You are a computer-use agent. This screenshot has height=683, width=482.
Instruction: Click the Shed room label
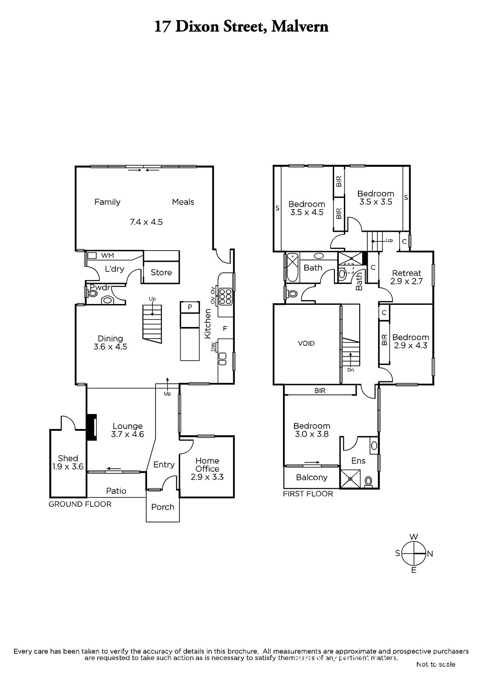point(68,458)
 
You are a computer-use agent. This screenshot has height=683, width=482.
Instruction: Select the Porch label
point(163,507)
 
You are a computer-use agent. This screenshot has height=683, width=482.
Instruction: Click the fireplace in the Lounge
point(91,427)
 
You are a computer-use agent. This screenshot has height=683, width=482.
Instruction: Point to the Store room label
point(161,272)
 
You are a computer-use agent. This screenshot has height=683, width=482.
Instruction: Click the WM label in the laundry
point(107,256)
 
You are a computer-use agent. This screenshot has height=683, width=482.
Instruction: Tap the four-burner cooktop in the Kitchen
point(225,296)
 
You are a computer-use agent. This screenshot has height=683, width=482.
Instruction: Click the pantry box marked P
point(190,307)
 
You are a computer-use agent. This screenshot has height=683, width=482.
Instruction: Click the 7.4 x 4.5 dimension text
point(146,222)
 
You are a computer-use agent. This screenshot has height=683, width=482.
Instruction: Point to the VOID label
point(306,343)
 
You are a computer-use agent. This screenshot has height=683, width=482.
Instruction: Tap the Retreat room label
point(407,273)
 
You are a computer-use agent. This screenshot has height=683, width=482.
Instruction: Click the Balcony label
point(312,477)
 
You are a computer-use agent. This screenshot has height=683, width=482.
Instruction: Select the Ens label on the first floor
point(358,461)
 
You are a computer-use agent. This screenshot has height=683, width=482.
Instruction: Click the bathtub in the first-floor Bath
point(292,268)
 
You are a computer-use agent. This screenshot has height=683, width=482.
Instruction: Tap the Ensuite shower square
point(350,479)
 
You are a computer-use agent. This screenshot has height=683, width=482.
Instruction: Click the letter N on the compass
point(430,554)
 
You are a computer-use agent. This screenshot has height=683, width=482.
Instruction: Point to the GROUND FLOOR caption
point(80,504)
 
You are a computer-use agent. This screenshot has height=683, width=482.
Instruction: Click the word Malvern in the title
point(300,26)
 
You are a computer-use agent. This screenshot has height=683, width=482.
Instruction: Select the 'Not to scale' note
point(436,664)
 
